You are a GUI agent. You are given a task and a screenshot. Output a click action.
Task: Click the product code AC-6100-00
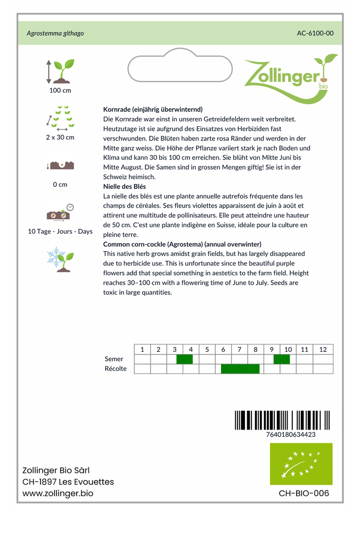pyautogui.click(x=315, y=33)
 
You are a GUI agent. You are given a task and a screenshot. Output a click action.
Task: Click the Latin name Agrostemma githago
pyautogui.click(x=55, y=33)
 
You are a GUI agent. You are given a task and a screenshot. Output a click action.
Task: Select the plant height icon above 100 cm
pyautogui.click(x=60, y=71)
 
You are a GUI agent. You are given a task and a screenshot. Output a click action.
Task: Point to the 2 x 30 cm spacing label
pyautogui.click(x=60, y=137)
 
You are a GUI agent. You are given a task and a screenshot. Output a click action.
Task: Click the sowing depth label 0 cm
pyautogui.click(x=60, y=185)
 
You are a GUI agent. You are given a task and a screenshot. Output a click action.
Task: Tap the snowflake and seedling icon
pyautogui.click(x=60, y=259)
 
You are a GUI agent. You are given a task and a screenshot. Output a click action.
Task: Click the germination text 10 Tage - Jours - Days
pyautogui.click(x=60, y=232)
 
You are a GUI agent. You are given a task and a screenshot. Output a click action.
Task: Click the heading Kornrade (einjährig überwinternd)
pyautogui.click(x=153, y=109)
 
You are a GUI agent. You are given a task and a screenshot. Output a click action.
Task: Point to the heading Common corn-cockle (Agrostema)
pyautogui.click(x=182, y=244)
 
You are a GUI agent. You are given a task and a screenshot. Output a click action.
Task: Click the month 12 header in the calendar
pyautogui.click(x=323, y=349)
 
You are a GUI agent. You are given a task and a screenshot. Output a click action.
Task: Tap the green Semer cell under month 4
pyautogui.click(x=184, y=359)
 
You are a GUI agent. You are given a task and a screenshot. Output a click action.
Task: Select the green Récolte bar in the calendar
pyautogui.click(x=240, y=369)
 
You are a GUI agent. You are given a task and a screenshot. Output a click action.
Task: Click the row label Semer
pyautogui.click(x=114, y=359)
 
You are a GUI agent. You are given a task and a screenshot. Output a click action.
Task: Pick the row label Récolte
pyautogui.click(x=116, y=369)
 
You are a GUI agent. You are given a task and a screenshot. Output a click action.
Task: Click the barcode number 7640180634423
pyautogui.click(x=290, y=434)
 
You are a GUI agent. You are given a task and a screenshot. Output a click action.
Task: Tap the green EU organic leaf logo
pyautogui.click(x=301, y=464)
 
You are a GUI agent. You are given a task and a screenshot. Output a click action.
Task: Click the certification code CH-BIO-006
pyautogui.click(x=304, y=493)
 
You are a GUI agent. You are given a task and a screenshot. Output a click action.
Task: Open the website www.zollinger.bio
pyautogui.click(x=58, y=493)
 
